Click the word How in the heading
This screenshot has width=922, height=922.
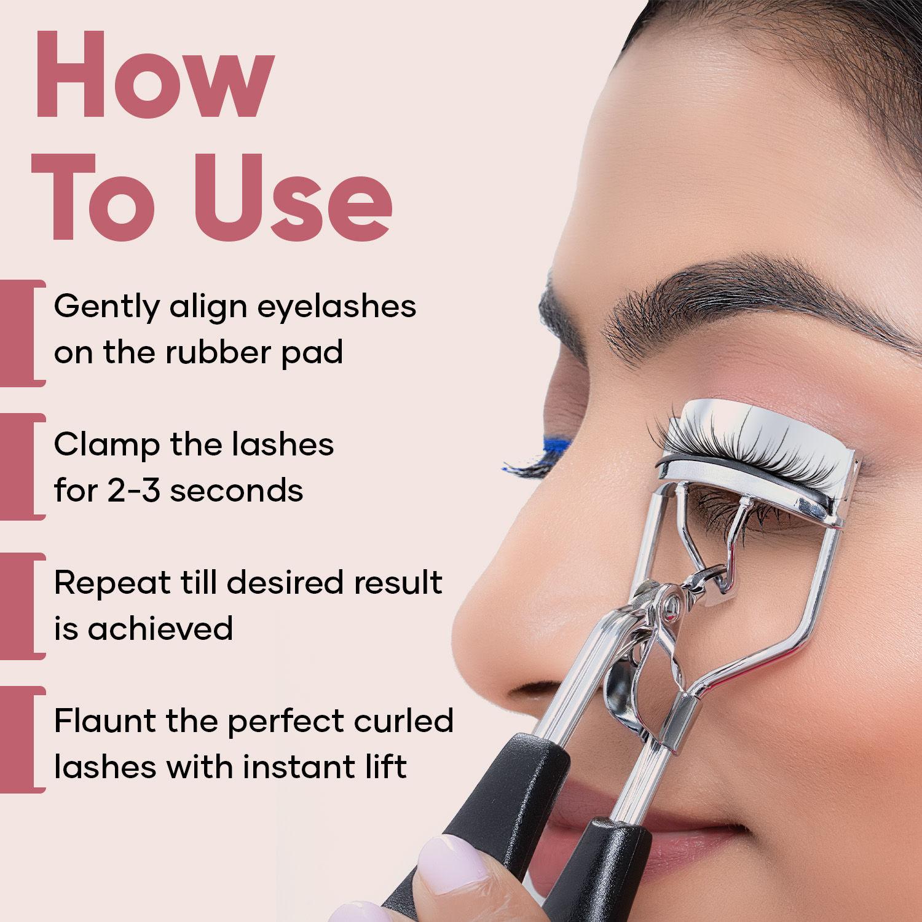(x=154, y=74)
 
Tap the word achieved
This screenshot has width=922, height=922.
(x=160, y=628)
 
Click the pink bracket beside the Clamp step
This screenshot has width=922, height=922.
(x=23, y=467)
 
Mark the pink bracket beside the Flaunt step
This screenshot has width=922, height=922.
(x=23, y=739)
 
